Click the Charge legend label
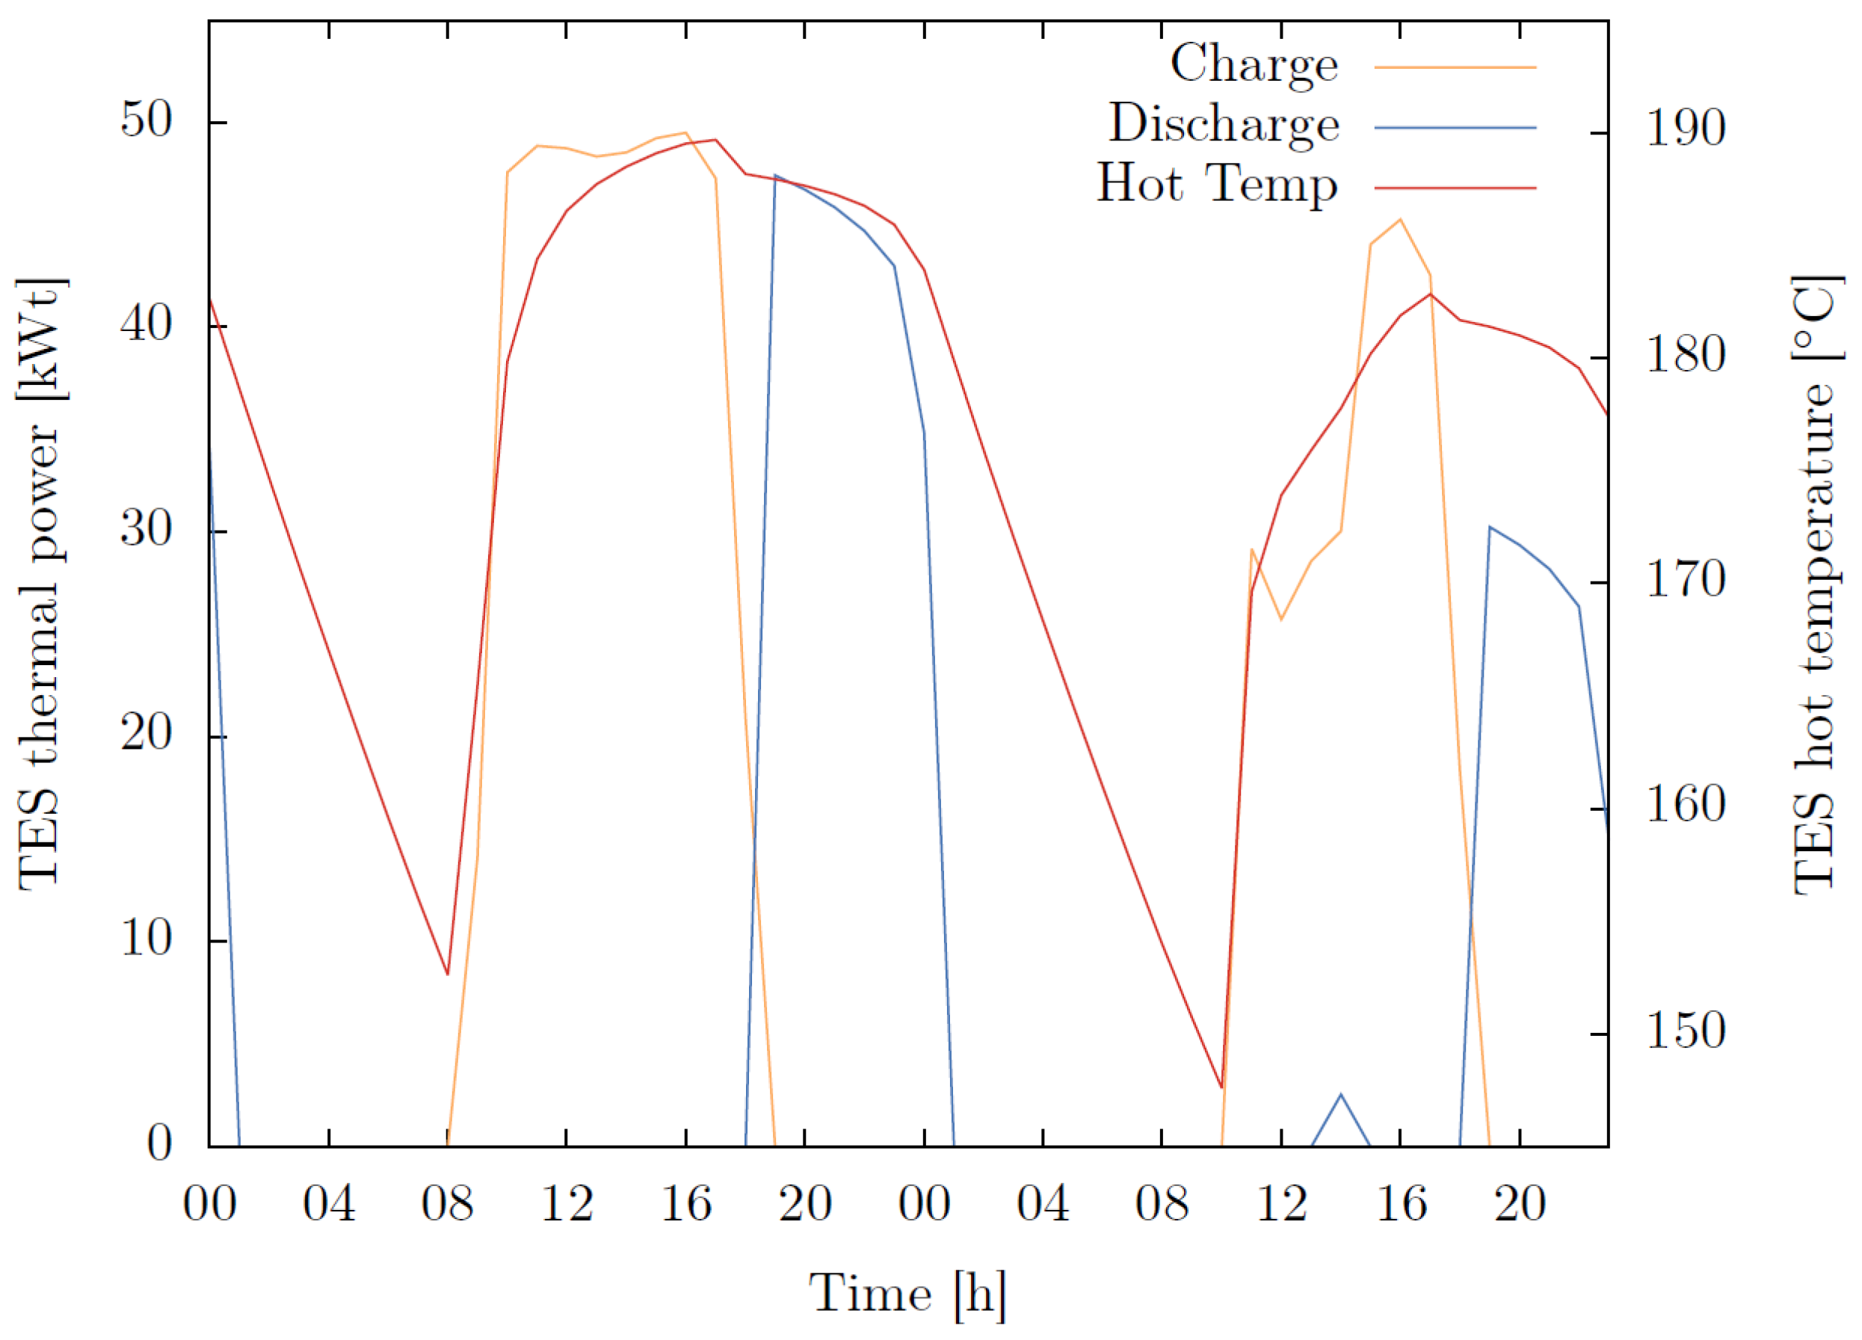(1254, 64)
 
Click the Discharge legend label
(1224, 125)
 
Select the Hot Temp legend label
(1218, 184)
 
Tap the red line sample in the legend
(1455, 188)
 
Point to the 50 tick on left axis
(147, 121)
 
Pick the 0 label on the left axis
(160, 1143)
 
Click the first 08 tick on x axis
(448, 1205)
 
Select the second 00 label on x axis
(924, 1205)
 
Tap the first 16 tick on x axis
(685, 1205)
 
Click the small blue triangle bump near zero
(1341, 1096)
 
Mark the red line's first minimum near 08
(448, 974)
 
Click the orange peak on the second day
(1401, 219)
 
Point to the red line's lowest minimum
(1221, 1087)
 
